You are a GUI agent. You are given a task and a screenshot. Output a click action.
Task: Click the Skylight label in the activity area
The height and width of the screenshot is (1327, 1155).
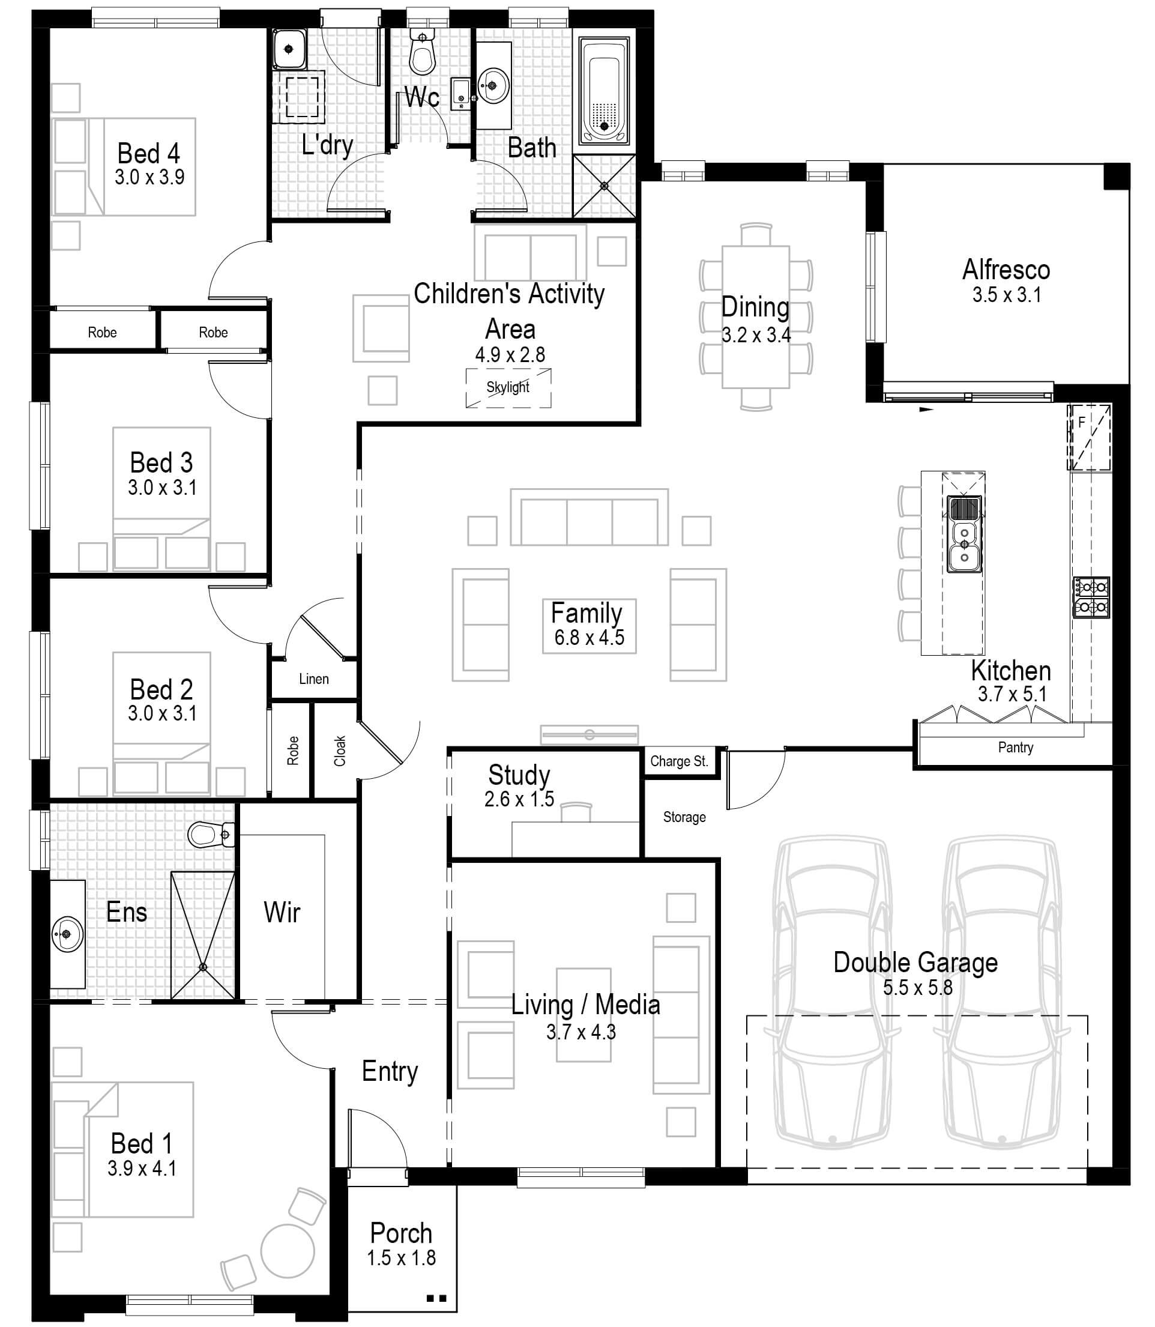pyautogui.click(x=508, y=387)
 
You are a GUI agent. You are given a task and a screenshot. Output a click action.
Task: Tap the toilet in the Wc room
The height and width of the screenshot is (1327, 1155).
pyautogui.click(x=422, y=55)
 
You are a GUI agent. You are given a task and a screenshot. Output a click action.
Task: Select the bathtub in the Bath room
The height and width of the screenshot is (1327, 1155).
pyautogui.click(x=604, y=90)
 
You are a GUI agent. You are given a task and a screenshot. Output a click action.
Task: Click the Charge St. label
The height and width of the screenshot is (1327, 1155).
pyautogui.click(x=679, y=761)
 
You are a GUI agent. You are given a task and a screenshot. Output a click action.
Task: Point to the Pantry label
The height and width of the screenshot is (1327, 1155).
pyautogui.click(x=1015, y=748)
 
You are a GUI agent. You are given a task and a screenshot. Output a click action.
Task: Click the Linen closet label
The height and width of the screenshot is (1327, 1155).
pyautogui.click(x=314, y=679)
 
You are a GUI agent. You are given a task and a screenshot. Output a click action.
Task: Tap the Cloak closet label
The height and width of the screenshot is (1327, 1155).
pyautogui.click(x=340, y=751)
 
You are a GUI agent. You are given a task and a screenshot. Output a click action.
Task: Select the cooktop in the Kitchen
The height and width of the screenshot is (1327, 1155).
pyautogui.click(x=1091, y=597)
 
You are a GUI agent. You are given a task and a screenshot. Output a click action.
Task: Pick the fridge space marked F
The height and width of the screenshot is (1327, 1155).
pyautogui.click(x=1088, y=436)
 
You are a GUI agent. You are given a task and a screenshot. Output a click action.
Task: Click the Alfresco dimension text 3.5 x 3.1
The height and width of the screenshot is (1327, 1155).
pyautogui.click(x=1006, y=295)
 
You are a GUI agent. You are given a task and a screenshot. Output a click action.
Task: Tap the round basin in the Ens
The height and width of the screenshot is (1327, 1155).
pyautogui.click(x=67, y=934)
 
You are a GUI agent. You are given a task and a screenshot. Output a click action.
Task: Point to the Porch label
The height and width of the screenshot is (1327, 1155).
pyautogui.click(x=401, y=1233)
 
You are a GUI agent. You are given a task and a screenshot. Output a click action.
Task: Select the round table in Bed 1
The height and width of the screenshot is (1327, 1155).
pyautogui.click(x=288, y=1250)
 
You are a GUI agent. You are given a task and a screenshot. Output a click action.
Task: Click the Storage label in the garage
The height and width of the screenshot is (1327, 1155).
pyautogui.click(x=684, y=817)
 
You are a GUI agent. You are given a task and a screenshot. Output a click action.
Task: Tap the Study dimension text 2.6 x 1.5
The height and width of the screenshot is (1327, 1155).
pyautogui.click(x=519, y=800)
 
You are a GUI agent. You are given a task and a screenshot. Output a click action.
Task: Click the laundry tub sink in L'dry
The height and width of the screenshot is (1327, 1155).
pyautogui.click(x=289, y=49)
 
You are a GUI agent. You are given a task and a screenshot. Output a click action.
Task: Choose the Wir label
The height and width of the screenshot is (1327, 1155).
pyautogui.click(x=282, y=913)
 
